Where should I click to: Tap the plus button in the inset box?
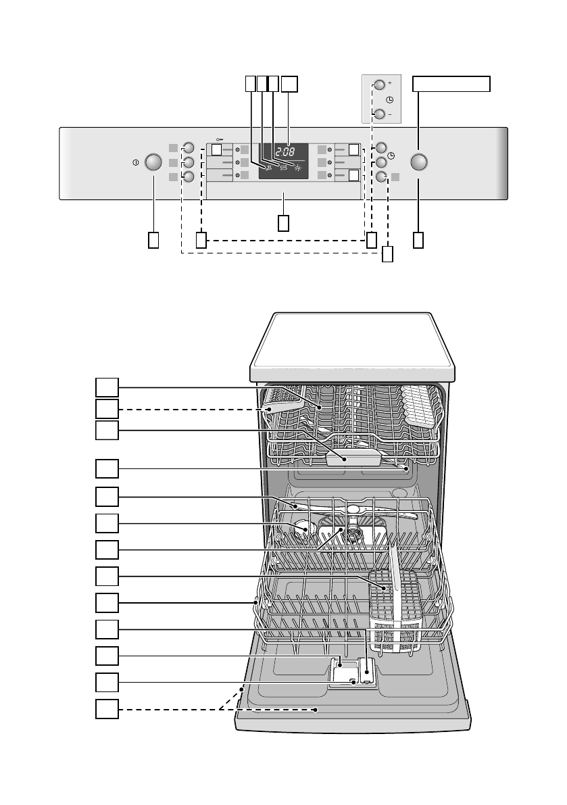[378, 84]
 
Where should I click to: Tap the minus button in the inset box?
[378, 114]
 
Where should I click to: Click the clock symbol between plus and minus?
[389, 99]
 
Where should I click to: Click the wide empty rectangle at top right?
[451, 83]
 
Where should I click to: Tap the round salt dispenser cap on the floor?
[303, 528]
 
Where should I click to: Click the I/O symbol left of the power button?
[136, 162]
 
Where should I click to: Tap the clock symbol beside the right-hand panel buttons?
[391, 156]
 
